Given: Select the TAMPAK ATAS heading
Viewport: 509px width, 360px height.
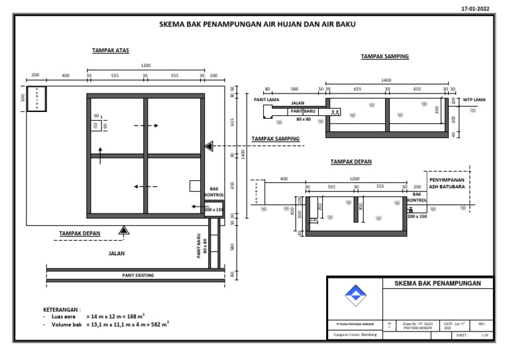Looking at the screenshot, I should pos(111,50).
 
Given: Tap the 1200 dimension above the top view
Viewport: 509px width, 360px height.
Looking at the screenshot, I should pos(145,66).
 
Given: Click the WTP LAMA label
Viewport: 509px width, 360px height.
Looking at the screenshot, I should pos(475,100).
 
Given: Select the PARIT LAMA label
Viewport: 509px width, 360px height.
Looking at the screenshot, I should pos(266,100).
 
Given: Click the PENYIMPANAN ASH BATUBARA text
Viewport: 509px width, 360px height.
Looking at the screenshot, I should pos(451,182).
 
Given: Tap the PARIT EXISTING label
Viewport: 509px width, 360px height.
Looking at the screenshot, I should pos(139,274).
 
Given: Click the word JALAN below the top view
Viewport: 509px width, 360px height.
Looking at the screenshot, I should pos(117,253).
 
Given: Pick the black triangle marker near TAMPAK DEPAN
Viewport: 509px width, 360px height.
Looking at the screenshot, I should pos(123,230).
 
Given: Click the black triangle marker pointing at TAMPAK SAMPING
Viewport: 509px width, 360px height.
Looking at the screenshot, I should pos(209,146).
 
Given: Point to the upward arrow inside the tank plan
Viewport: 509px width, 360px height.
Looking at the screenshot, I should pos(100,155).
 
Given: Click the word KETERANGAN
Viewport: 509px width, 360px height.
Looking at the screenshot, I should pos(61,310).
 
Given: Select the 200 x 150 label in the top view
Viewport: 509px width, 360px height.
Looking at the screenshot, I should pos(214,210).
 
